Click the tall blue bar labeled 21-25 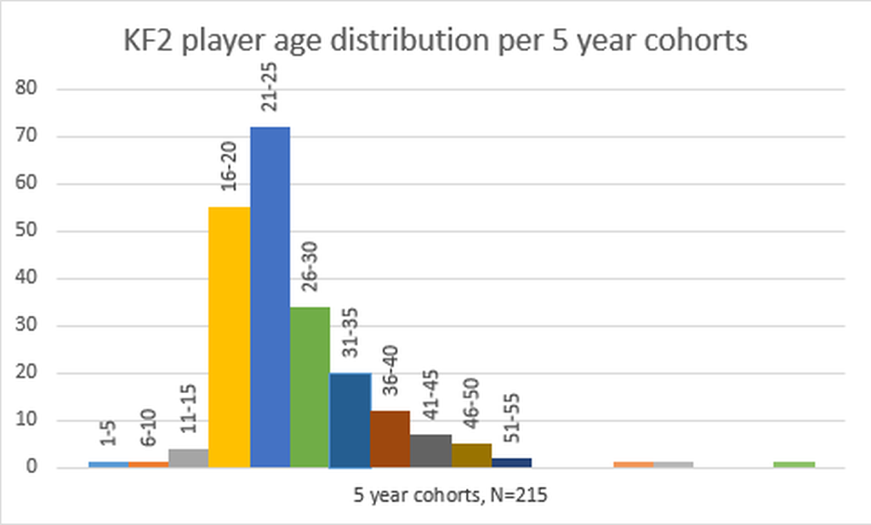(270, 297)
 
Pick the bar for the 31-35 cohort (350, 420)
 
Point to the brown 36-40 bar (390, 439)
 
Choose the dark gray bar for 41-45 (430, 451)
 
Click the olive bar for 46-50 (470, 455)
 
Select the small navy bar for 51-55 (511, 463)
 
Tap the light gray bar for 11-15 (189, 458)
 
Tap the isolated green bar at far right (794, 465)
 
